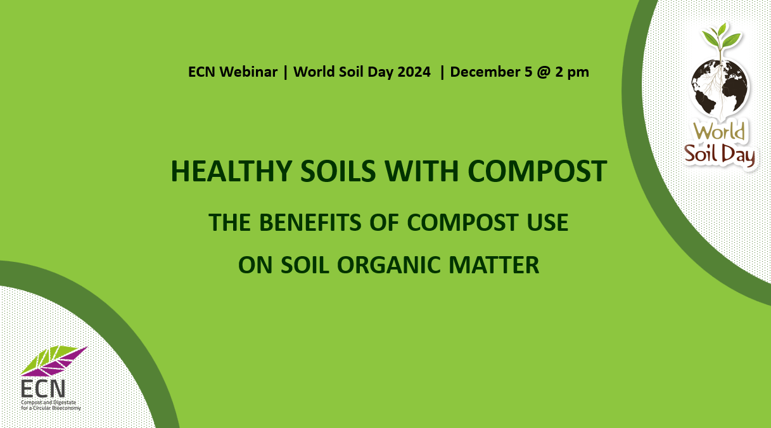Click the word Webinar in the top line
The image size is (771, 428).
point(248,72)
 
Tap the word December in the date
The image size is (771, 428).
point(485,72)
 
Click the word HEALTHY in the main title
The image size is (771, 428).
point(232,171)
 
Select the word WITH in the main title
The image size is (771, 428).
point(422,171)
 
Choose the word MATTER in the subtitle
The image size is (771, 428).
point(494,264)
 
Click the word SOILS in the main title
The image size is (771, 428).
point(338,171)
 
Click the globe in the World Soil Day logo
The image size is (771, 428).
point(720,89)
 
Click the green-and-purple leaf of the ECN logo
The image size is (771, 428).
point(54,361)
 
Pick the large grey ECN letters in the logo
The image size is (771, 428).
point(43,389)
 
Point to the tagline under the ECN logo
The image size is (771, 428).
point(51,405)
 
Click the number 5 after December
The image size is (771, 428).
point(528,72)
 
